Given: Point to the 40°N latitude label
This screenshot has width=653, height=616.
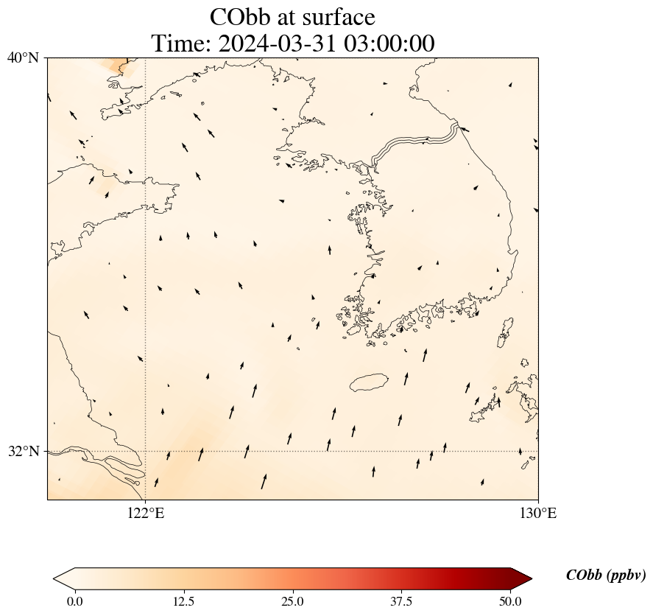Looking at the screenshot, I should pyautogui.click(x=24, y=57).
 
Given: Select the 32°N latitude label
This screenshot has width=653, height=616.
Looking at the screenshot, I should pyautogui.click(x=24, y=451).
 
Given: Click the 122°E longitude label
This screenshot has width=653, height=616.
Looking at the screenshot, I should pyautogui.click(x=146, y=513).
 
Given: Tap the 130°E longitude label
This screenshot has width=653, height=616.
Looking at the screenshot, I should pyautogui.click(x=538, y=513).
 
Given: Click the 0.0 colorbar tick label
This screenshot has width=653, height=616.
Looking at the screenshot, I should pyautogui.click(x=74, y=601).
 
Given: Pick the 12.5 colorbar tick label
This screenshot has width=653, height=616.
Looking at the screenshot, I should pyautogui.click(x=183, y=601).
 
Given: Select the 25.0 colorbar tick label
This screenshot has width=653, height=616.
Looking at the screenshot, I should pyautogui.click(x=292, y=601).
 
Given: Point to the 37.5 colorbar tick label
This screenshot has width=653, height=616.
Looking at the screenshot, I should pyautogui.click(x=401, y=601).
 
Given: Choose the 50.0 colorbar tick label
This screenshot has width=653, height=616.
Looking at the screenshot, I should pyautogui.click(x=510, y=601).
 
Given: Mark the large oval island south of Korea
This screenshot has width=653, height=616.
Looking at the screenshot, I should pyautogui.click(x=369, y=382).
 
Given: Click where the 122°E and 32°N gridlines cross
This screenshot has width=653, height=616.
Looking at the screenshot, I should pyautogui.click(x=146, y=451).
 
